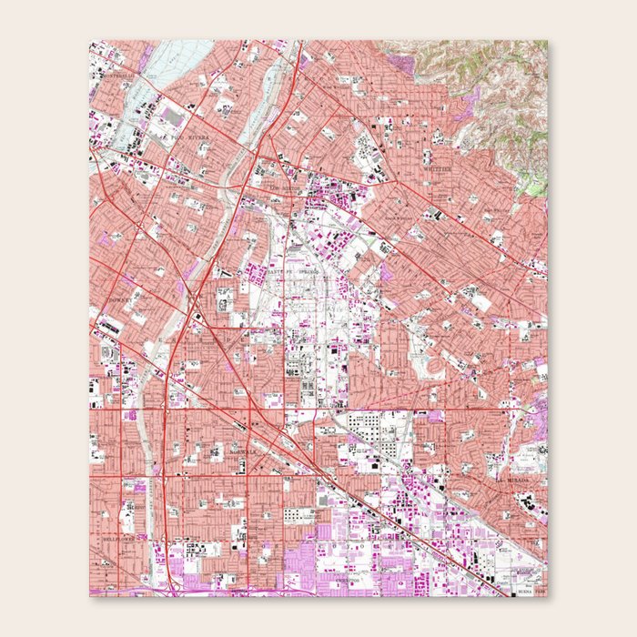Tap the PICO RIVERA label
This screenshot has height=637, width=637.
pos(189,137)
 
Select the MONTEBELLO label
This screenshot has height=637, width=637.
pos(117,76)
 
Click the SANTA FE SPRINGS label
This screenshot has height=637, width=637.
pos(289,270)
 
